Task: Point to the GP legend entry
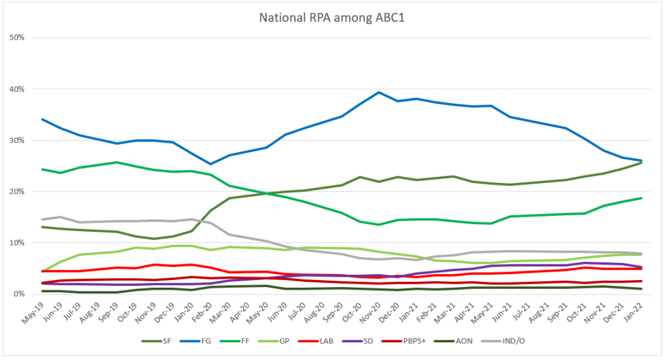[309, 341]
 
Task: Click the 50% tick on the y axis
[16, 38]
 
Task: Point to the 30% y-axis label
[16, 141]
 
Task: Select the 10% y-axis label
[16, 243]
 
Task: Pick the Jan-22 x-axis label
[638, 311]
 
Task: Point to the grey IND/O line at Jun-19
[61, 217]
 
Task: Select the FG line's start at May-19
[42, 119]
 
